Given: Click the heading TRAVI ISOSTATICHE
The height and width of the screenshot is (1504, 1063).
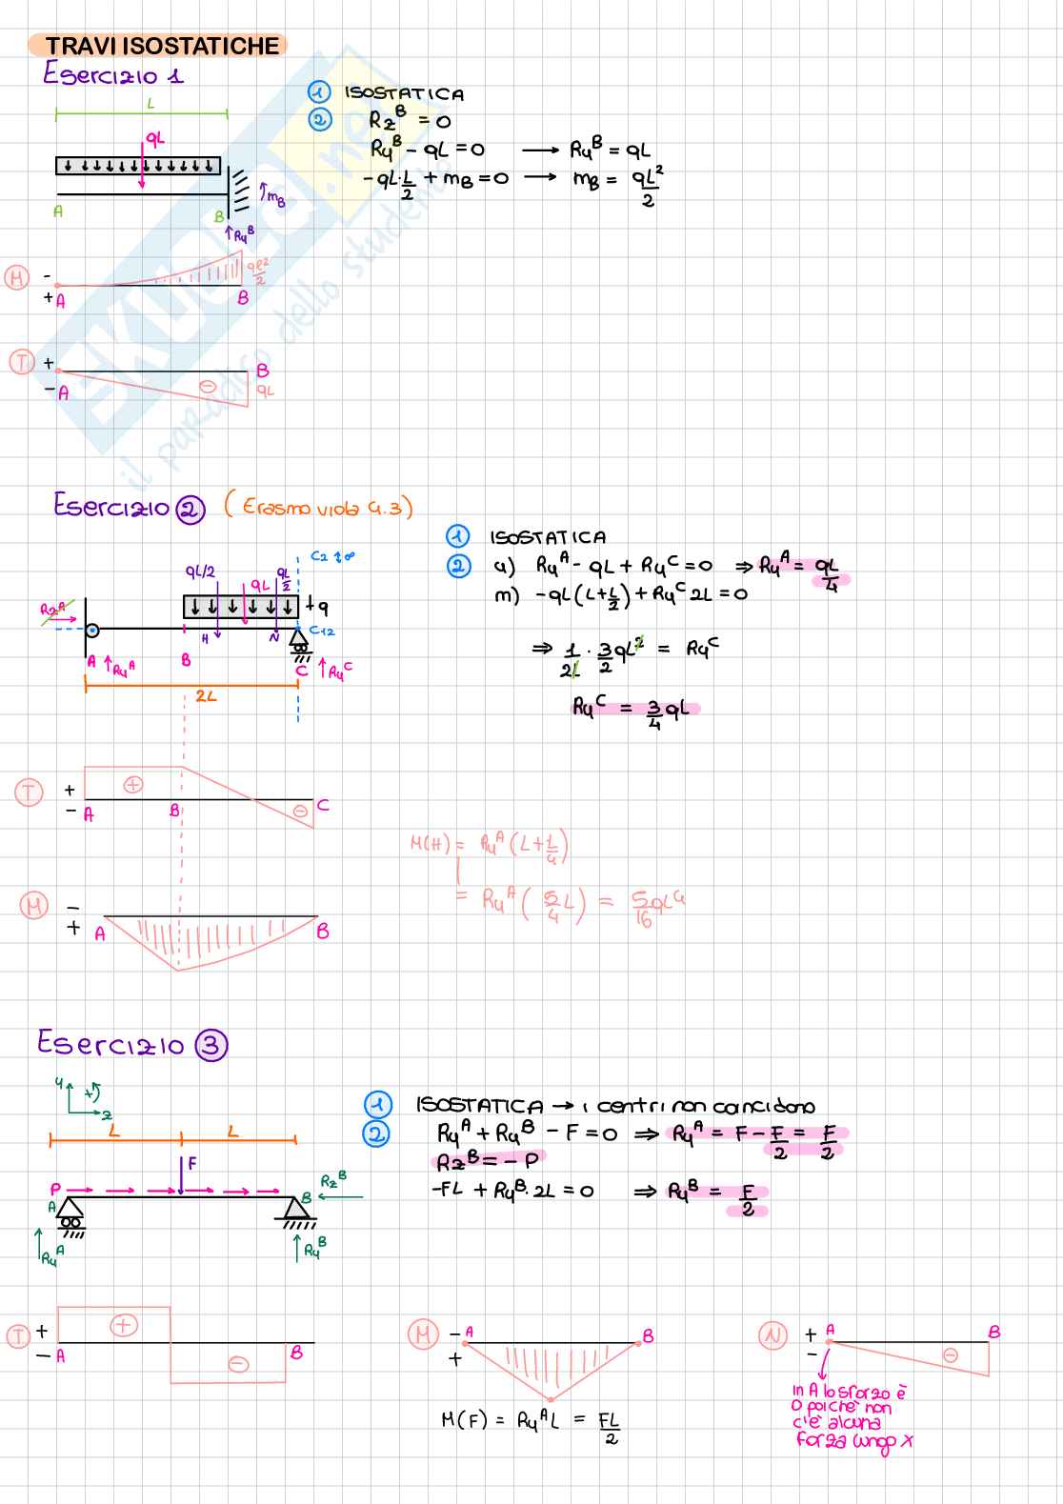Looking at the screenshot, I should click(162, 46).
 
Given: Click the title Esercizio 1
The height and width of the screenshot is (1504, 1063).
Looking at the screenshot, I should click(113, 74).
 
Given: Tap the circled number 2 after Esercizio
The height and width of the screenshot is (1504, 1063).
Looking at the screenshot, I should click(191, 510).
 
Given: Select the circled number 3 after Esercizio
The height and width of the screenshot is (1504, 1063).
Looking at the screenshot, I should click(211, 1046).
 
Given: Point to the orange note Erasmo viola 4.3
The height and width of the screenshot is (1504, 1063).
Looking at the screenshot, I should click(319, 506).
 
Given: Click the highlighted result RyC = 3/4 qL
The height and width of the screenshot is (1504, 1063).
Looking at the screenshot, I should click(634, 709).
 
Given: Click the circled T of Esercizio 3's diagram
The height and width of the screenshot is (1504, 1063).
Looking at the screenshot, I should click(18, 1335).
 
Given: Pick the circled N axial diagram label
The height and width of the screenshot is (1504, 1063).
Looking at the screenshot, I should click(772, 1335).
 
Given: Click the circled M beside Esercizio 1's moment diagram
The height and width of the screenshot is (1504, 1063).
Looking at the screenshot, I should click(16, 278).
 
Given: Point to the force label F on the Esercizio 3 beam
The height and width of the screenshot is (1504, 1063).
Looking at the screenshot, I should click(191, 1163).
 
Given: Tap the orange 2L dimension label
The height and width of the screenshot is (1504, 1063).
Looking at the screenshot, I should click(206, 696).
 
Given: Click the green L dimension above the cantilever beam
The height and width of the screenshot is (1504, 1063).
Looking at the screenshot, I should click(150, 104).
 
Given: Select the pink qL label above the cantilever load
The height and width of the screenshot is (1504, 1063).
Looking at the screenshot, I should click(154, 138).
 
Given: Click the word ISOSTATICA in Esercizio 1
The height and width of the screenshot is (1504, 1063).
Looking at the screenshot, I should click(404, 94).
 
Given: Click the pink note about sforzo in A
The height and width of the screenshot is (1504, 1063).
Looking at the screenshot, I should click(850, 1417).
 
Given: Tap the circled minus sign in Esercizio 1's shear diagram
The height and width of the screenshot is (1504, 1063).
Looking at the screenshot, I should click(207, 387).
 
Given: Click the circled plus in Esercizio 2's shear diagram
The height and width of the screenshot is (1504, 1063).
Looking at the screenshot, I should click(133, 785).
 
